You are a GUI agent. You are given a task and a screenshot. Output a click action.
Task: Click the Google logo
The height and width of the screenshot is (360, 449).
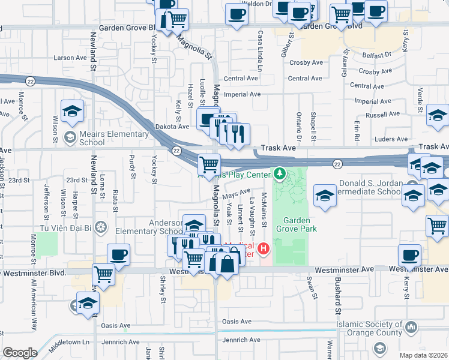point(20,353)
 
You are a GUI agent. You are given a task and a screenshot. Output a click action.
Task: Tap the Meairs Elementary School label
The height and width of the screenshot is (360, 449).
point(84,138)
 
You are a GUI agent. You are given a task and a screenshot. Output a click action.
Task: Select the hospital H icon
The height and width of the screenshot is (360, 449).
point(263,248)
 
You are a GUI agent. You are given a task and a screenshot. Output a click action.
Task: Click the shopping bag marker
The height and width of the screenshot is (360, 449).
point(228,263)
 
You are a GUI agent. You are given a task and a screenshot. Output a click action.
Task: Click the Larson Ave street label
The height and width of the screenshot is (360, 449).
point(70,58)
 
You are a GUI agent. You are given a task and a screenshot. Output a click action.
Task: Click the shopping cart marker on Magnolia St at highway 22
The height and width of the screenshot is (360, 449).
point(208,164)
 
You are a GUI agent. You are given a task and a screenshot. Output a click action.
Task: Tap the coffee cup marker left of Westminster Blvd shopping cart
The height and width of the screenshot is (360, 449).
point(118,254)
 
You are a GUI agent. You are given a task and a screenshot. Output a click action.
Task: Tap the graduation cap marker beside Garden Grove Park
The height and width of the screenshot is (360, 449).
point(325,196)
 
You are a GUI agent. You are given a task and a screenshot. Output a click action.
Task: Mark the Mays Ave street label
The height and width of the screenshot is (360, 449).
point(236,194)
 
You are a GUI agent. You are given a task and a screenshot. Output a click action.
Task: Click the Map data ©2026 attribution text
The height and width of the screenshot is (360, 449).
point(421,355)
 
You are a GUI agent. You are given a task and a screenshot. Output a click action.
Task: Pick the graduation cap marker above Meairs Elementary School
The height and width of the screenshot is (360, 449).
point(71,111)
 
